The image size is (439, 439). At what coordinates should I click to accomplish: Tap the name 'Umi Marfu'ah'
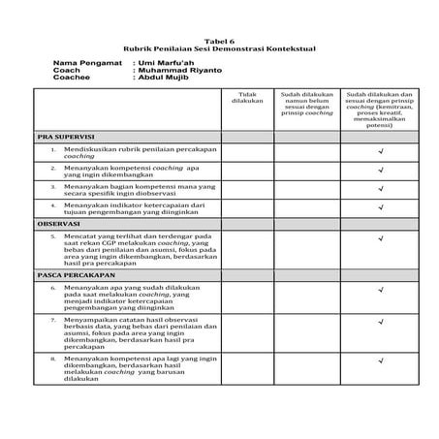[x=159, y=64]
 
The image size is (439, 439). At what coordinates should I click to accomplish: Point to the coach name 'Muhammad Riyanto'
[x=170, y=71]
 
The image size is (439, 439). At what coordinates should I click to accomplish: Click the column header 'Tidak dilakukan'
[x=249, y=98]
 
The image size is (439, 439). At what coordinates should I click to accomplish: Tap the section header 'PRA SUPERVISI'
[x=64, y=138]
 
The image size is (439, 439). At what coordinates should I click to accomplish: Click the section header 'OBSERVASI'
[x=58, y=223]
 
